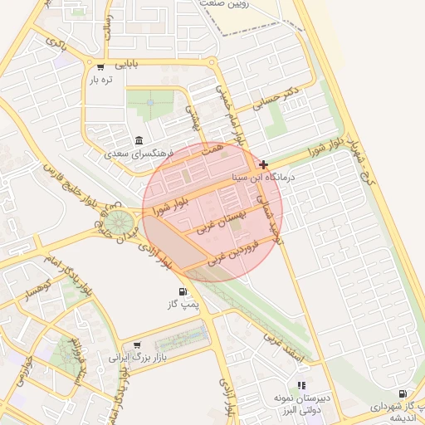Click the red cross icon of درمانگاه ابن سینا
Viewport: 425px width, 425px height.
(x=264, y=164)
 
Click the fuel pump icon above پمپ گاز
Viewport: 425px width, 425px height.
(x=182, y=292)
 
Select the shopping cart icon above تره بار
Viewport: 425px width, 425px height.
(x=100, y=67)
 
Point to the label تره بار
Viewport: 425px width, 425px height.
(x=101, y=80)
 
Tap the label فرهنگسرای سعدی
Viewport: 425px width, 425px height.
(x=138, y=154)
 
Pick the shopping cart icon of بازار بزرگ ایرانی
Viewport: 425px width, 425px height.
(x=137, y=345)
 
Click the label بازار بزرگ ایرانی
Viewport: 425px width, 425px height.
(x=137, y=358)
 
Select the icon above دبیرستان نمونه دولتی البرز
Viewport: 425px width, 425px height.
(x=301, y=385)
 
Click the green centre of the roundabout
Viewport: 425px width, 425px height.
(x=119, y=222)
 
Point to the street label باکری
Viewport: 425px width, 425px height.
(x=57, y=42)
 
